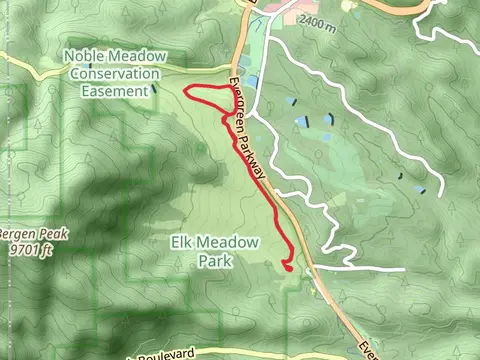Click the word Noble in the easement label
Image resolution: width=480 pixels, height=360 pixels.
[85, 57]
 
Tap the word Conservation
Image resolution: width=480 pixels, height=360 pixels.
[114, 74]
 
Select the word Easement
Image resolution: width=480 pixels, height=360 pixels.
[113, 90]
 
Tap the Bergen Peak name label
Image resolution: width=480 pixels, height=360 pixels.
[18, 232]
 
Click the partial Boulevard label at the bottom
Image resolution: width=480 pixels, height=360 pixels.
[165, 354]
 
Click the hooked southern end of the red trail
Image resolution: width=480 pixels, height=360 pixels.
[287, 265]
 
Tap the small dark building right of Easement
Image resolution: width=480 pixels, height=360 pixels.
[155, 90]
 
